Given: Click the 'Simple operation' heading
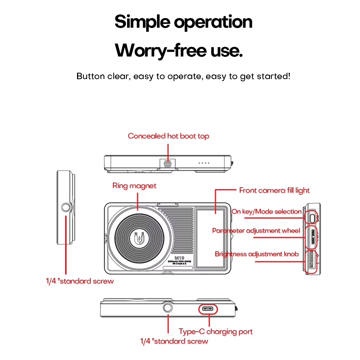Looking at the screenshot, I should point(183,22).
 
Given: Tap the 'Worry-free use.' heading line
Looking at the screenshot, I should point(179,50).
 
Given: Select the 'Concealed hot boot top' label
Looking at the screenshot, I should point(168,136).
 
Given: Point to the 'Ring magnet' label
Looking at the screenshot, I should point(134,186).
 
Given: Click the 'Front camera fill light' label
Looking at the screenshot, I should point(274,190).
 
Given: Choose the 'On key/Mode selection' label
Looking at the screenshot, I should point(266,211).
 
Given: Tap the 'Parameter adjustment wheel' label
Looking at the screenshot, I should point(256,230).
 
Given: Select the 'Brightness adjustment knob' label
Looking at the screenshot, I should point(257,254).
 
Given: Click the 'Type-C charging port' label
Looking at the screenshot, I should point(216,331).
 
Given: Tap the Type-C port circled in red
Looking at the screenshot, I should point(208,309).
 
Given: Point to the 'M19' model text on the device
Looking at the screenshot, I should point(179,258).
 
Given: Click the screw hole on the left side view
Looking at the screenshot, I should point(66,207).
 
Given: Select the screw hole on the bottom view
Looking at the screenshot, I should point(168,308).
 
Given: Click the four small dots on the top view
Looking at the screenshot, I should point(204,163).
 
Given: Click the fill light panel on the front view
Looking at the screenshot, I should point(212,238).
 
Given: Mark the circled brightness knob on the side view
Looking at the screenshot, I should point(312,262).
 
